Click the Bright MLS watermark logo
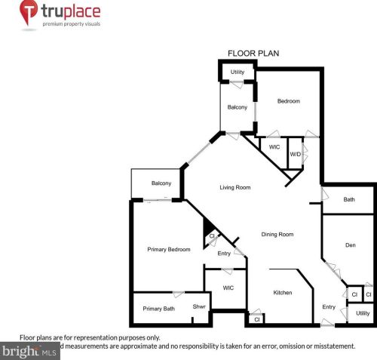pyautogui.click(x=30, y=351)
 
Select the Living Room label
pyautogui.click(x=234, y=187)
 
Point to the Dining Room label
pyautogui.click(x=277, y=234)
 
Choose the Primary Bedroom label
pyautogui.click(x=168, y=249)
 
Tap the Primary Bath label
pyautogui.click(x=158, y=308)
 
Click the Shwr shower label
pyautogui.click(x=199, y=306)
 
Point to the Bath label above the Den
pyautogui.click(x=348, y=200)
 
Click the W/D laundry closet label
pyautogui.click(x=296, y=154)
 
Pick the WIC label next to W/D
pyautogui.click(x=274, y=147)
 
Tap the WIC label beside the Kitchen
pyautogui.click(x=228, y=288)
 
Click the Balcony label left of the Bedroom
pyautogui.click(x=238, y=107)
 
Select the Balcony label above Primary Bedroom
pyautogui.click(x=161, y=183)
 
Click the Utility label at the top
pyautogui.click(x=238, y=72)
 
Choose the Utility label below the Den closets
pyautogui.click(x=363, y=312)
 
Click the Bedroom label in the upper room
pyautogui.click(x=288, y=101)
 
